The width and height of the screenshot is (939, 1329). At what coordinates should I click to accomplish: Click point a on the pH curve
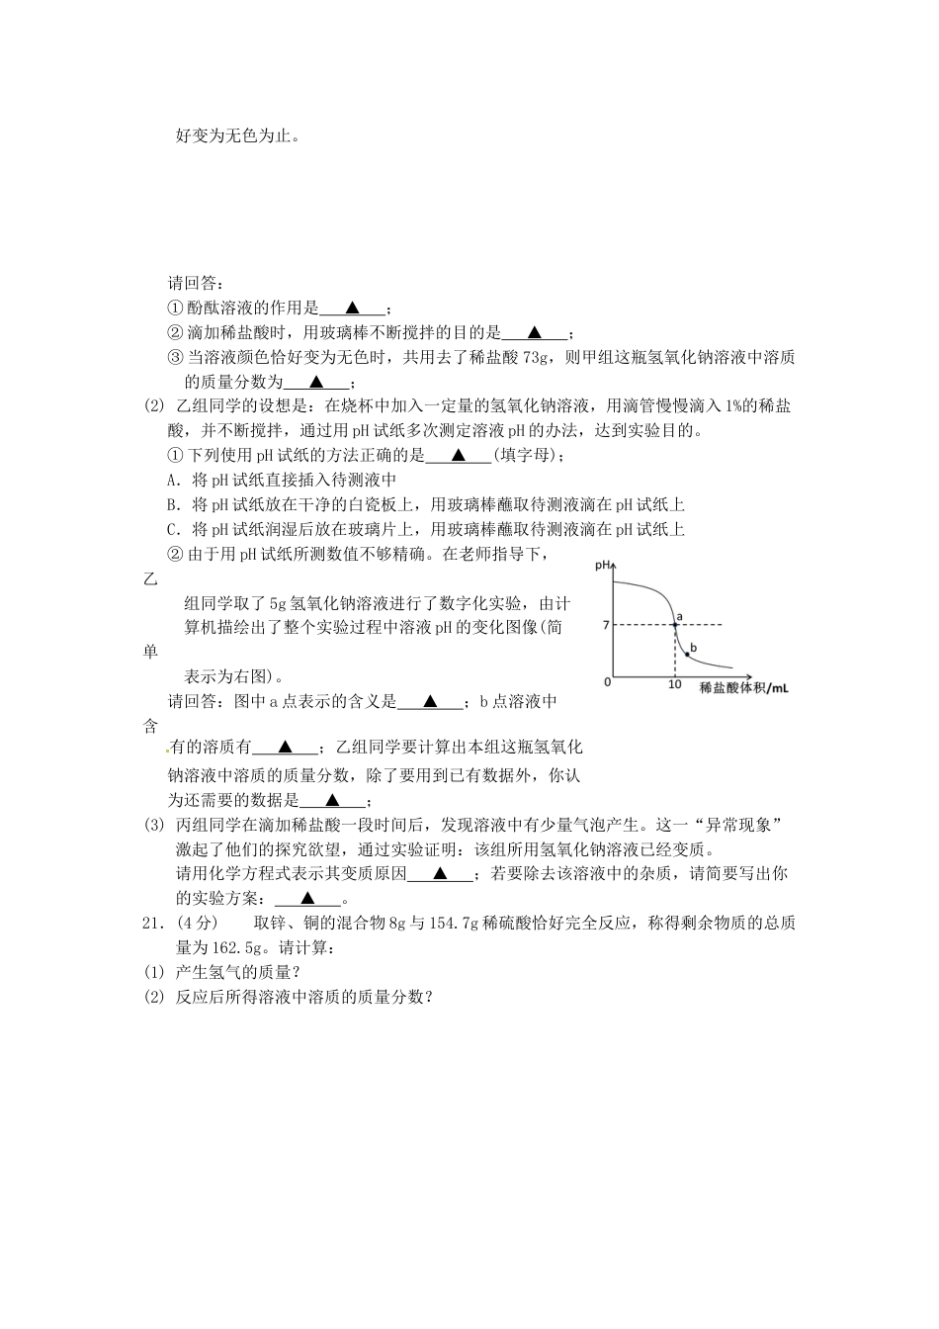675,625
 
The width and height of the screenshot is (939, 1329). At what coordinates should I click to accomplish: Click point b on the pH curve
688,655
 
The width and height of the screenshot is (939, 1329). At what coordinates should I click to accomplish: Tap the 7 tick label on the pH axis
606,625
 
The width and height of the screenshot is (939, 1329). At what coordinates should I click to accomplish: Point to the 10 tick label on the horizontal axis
675,684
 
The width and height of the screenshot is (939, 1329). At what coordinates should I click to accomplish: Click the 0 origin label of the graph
608,682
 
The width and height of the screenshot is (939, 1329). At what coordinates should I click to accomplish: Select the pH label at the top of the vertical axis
602,566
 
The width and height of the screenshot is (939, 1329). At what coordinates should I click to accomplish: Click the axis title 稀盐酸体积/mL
744,687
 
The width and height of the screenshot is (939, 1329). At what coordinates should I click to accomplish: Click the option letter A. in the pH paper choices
174,480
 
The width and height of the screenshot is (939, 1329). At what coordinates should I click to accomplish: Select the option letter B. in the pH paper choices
174,505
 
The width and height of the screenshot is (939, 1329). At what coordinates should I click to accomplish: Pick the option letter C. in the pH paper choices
174,529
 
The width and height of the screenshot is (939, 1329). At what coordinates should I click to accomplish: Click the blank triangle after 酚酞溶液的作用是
353,308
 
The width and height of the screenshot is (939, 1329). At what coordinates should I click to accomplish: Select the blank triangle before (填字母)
459,455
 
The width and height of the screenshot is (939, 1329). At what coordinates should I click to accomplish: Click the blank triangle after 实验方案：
307,898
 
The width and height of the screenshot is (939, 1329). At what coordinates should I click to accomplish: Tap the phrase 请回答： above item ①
194,283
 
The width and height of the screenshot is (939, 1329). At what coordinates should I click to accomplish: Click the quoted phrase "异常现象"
738,825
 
